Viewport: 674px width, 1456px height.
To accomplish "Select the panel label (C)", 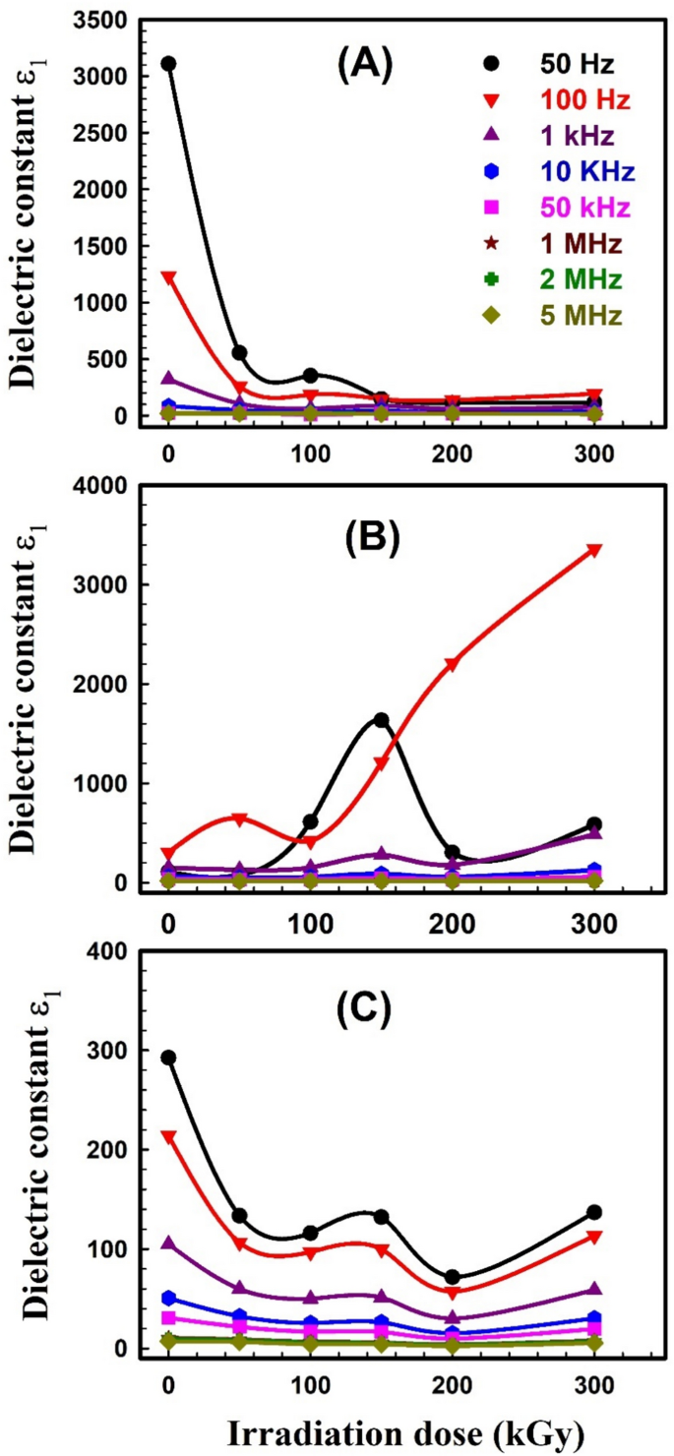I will [x=365, y=1007].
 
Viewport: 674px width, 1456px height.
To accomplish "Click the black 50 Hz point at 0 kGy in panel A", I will [x=168, y=64].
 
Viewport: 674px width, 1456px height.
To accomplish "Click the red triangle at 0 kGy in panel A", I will [x=168, y=277].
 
